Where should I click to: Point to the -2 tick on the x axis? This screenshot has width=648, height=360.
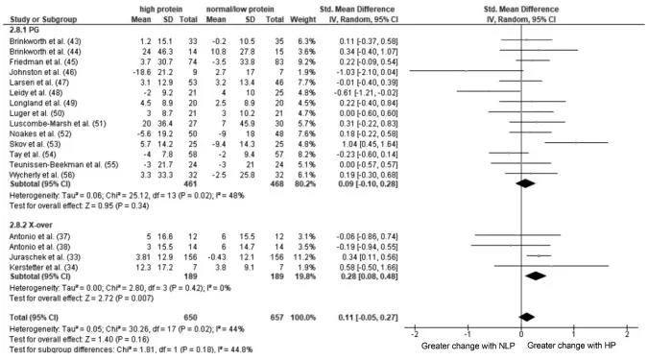click(x=414, y=332)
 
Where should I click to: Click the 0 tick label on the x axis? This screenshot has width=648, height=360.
click(x=521, y=332)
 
